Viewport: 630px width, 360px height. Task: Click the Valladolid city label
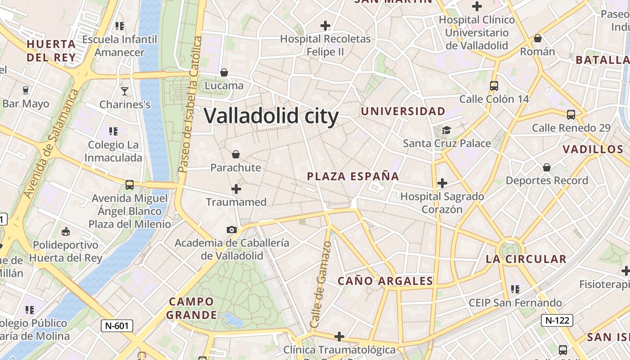pos(271,116)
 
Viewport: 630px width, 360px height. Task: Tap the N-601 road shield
pos(117,325)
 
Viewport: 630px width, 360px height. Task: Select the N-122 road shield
pos(557,320)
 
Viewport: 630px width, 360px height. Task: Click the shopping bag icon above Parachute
pos(236,155)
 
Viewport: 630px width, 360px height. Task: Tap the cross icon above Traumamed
pos(236,189)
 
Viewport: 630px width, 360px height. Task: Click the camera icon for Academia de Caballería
pos(232,229)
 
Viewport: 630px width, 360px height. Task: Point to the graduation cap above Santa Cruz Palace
pos(446,130)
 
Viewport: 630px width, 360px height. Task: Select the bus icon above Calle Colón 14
pos(494,85)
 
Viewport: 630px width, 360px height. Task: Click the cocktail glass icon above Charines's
pos(125,91)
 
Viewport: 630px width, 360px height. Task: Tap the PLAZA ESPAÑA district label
pos(353,176)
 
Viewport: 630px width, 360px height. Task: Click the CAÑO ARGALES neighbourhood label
pos(385,281)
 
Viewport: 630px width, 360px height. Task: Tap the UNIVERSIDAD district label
pos(403,111)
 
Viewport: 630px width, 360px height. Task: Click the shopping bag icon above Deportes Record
pos(547,167)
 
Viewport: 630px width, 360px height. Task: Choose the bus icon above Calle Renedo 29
pos(571,115)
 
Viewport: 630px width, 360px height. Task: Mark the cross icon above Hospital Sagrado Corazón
pos(442,183)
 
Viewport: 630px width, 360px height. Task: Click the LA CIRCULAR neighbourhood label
pos(526,259)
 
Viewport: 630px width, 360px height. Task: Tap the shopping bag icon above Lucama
pos(224,72)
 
